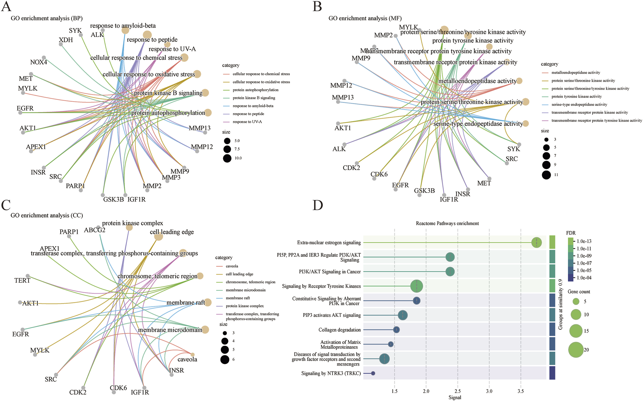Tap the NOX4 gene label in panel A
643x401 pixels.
(38, 62)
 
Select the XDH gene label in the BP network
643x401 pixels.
(66, 40)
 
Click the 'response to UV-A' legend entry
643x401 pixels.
(247, 122)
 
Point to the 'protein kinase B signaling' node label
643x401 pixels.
(168, 93)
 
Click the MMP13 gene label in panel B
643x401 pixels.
(343, 98)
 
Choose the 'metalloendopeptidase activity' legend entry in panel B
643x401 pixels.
(576, 73)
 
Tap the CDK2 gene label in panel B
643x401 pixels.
(351, 168)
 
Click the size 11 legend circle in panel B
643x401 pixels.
(546, 175)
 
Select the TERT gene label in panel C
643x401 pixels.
(22, 281)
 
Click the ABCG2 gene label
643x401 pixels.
(95, 230)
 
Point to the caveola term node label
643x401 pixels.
(187, 360)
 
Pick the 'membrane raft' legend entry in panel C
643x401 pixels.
(238, 298)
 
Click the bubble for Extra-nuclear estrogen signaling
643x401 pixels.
(536, 243)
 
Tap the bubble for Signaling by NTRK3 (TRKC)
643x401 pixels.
(373, 373)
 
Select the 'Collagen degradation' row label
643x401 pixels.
(340, 330)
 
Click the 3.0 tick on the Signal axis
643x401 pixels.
(489, 391)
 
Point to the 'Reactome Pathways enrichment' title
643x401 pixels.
(447, 223)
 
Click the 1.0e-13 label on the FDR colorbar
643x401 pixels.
(584, 241)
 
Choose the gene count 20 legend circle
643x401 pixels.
(576, 350)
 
